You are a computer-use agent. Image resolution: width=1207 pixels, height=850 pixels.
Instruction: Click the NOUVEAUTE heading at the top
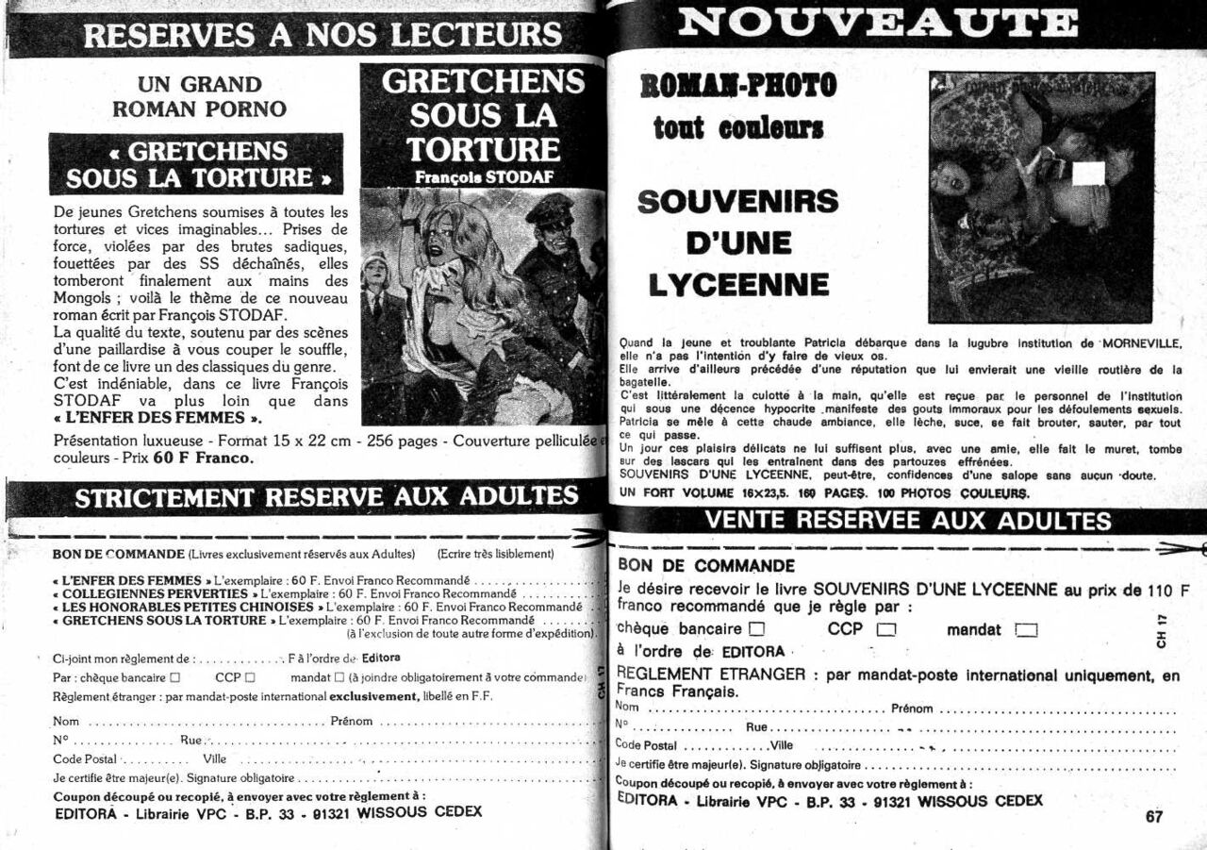877,21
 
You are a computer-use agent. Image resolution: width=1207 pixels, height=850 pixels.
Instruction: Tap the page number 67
1154,817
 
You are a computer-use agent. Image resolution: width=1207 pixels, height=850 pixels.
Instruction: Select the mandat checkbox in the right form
1026,631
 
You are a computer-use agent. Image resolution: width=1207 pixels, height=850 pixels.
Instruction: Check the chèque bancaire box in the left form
174,677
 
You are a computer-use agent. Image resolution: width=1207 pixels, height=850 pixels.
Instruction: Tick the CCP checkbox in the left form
250,677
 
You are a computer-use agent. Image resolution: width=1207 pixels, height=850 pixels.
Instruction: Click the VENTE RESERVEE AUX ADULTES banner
908,520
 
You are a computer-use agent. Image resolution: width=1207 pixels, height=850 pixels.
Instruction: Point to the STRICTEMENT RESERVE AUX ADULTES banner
326,497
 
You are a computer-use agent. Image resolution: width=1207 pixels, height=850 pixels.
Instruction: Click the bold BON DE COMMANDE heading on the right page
706,566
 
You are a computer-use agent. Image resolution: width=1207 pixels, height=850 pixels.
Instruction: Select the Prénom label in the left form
352,722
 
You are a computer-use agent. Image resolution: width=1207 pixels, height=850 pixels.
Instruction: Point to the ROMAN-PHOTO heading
737,87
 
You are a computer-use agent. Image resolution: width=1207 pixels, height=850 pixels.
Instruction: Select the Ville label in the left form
214,758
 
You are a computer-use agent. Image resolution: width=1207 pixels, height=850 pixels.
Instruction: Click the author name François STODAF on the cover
484,176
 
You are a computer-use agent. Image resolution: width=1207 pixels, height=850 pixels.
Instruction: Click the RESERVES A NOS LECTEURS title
322,35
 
